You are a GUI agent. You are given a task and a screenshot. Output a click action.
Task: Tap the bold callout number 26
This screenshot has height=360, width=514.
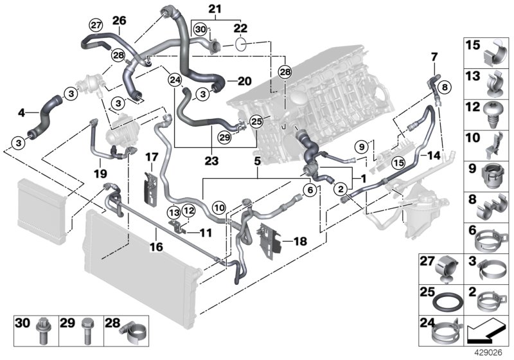[x=120, y=20]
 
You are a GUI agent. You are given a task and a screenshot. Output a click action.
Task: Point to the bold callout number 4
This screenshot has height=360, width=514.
[x=22, y=113]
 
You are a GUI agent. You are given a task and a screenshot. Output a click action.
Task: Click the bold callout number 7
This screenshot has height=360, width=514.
[x=433, y=57]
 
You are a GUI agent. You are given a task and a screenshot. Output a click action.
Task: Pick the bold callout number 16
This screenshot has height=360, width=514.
[x=155, y=246]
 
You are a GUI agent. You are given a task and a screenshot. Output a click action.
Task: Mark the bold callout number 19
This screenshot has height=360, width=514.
[x=100, y=174]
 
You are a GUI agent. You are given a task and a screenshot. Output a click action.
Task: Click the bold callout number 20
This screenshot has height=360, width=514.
[x=245, y=82]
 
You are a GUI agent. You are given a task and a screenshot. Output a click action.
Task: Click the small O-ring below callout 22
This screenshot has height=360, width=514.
[x=241, y=44]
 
